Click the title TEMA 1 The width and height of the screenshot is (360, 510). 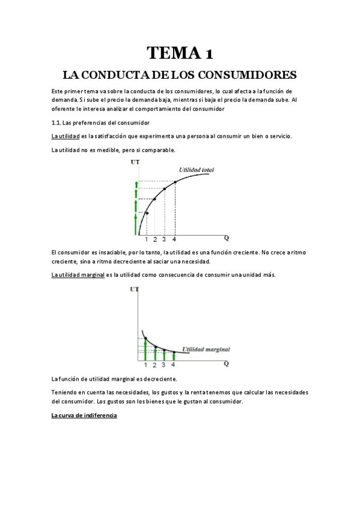[x=180, y=54]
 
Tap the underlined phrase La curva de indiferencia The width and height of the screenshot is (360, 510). [x=84, y=416]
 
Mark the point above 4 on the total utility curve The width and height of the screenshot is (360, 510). [x=175, y=182]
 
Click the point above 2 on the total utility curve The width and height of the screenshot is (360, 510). [x=155, y=199]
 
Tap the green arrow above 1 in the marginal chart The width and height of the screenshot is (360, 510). [x=146, y=349]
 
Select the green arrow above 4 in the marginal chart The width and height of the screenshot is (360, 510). [x=174, y=357]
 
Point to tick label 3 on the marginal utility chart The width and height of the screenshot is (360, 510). [x=164, y=365]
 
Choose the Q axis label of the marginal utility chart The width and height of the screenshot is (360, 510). [x=226, y=363]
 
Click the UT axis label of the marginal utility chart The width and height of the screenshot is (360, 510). [x=134, y=290]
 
